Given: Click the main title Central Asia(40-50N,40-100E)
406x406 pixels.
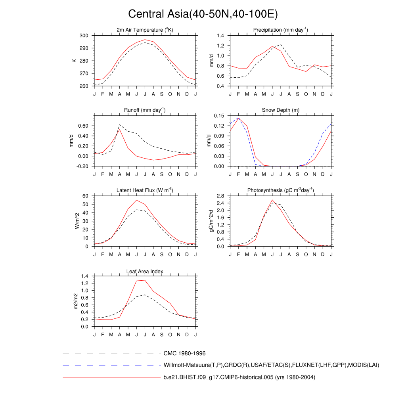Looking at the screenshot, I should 203,14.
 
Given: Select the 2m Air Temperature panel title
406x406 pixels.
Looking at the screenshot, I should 145,30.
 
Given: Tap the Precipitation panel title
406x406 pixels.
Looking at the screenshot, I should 280,30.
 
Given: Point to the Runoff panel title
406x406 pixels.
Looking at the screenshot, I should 145,110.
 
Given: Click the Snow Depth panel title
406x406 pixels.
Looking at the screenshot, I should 280,110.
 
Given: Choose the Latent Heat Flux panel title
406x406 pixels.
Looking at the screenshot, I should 145,190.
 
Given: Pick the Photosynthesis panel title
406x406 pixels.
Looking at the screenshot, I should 280,190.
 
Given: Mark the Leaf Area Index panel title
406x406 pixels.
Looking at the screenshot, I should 145,271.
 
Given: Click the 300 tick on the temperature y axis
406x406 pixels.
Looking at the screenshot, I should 84,36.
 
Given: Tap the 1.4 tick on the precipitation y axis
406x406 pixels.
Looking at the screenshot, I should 221,36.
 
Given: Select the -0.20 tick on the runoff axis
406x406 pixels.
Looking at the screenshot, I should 82,166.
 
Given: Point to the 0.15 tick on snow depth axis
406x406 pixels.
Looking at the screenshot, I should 219,116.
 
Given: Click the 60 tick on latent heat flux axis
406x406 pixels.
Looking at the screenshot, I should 85,196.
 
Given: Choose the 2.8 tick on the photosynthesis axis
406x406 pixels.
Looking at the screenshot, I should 221,196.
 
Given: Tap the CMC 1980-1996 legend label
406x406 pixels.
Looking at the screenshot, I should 184,353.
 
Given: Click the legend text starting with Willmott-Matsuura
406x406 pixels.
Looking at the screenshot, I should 271,365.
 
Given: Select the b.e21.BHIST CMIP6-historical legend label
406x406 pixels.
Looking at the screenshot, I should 239,377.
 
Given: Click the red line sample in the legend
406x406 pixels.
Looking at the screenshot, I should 111,378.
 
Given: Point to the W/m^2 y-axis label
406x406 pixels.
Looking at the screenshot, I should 77,221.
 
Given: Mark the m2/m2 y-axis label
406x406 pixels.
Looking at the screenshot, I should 77,301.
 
